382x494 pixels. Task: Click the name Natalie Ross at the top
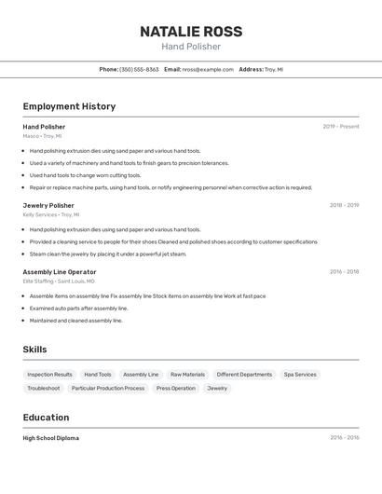tap(191, 32)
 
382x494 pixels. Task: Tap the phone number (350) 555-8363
tap(139, 69)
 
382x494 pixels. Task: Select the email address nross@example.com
tap(208, 69)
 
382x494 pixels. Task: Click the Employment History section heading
tap(69, 106)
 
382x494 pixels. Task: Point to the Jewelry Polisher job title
tap(48, 205)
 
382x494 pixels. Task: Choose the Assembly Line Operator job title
tap(60, 272)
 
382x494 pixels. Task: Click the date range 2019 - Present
tap(341, 127)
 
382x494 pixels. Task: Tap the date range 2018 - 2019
tap(344, 205)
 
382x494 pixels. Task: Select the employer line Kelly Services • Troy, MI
tap(51, 214)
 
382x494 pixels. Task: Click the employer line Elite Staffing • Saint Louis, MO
tap(59, 281)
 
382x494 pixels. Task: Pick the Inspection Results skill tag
tap(49, 375)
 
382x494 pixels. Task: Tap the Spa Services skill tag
tap(300, 375)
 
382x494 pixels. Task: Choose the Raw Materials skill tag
tap(187, 375)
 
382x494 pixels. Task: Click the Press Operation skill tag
tap(176, 388)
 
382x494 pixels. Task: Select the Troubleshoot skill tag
tap(44, 388)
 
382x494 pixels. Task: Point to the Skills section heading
tap(35, 350)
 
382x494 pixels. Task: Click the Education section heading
tap(46, 418)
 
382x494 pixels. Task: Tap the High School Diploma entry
tap(51, 438)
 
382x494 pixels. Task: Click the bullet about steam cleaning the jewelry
tap(108, 254)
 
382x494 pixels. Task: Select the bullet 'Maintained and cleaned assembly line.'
tap(76, 321)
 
